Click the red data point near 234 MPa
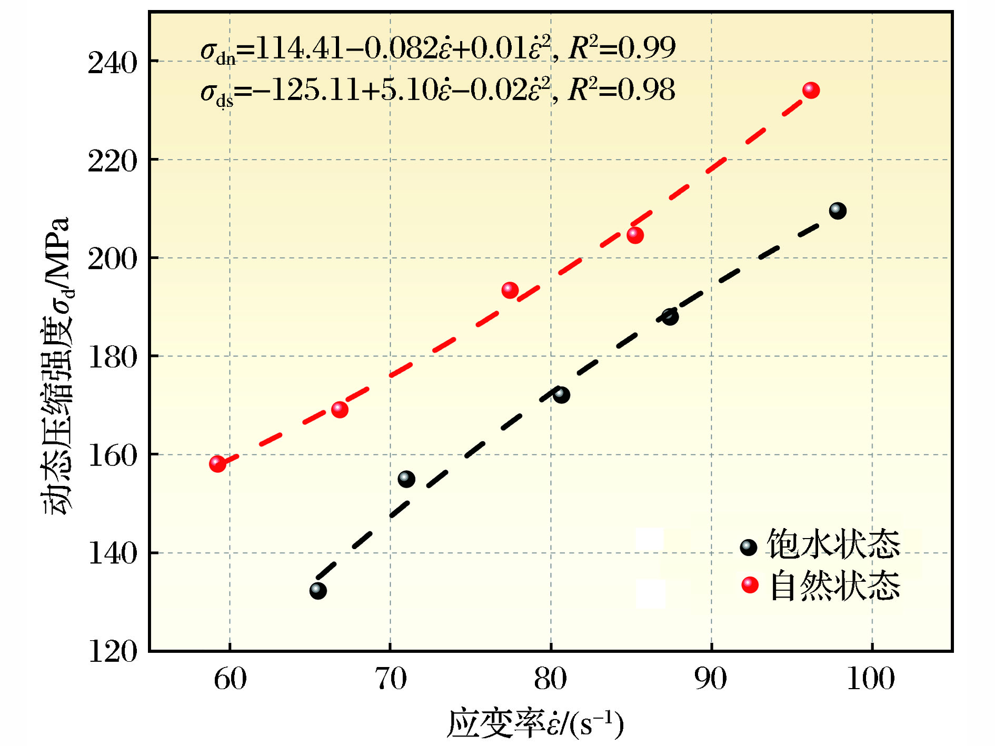click(811, 91)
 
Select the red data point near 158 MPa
click(217, 464)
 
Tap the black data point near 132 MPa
click(318, 590)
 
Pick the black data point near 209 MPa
click(838, 211)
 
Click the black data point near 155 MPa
click(406, 479)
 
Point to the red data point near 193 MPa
click(510, 290)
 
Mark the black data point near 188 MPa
click(670, 317)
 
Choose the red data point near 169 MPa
click(340, 410)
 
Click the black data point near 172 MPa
click(561, 395)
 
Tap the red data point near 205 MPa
click(635, 235)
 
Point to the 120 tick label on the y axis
click(112, 652)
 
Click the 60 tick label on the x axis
click(230, 679)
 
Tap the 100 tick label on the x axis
click(871, 679)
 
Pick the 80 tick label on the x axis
click(551, 679)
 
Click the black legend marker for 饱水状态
click(748, 548)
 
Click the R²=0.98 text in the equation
click(621, 89)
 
